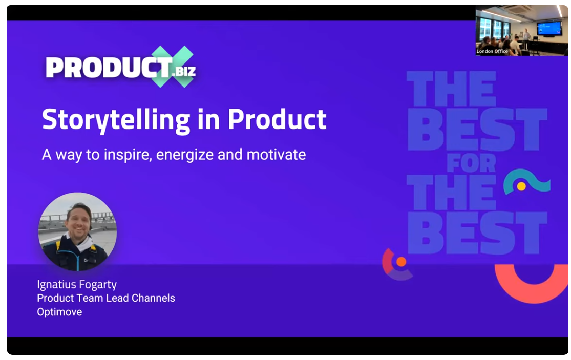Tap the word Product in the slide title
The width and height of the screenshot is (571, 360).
(277, 119)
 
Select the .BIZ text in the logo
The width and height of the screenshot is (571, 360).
(184, 71)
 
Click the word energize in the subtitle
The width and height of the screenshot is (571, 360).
(185, 155)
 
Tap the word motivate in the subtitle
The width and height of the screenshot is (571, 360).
(276, 154)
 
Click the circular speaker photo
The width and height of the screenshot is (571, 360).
(77, 231)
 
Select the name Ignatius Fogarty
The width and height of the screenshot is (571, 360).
(77, 285)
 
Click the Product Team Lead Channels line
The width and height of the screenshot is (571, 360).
(106, 298)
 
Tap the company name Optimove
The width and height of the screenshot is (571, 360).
(59, 312)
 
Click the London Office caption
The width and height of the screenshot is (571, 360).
(492, 51)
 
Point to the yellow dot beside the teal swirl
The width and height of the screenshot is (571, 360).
(521, 186)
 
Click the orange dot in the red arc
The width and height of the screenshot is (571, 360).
(401, 261)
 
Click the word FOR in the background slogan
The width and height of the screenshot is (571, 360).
(471, 163)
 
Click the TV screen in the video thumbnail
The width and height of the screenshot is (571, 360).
(549, 28)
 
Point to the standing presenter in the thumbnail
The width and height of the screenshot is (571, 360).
(526, 39)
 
